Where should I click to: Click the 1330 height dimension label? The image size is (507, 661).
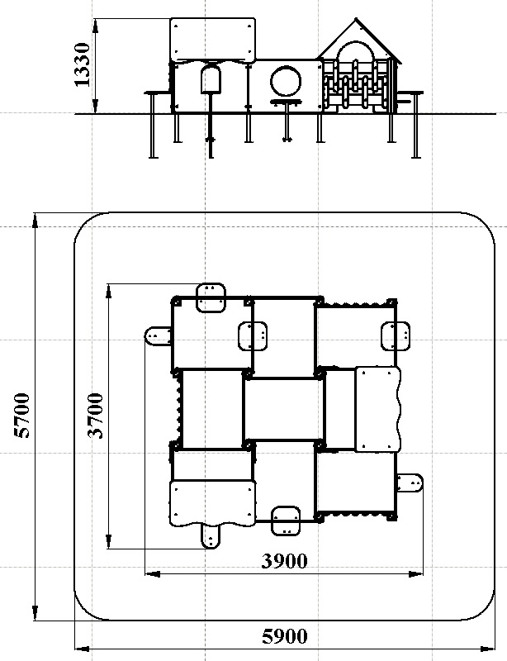pyautogui.click(x=83, y=66)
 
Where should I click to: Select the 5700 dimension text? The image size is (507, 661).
pyautogui.click(x=22, y=416)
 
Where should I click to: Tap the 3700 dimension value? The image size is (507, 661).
pyautogui.click(x=97, y=416)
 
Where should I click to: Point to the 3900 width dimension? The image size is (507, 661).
pyautogui.click(x=284, y=561)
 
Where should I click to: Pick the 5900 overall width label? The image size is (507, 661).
pyautogui.click(x=284, y=636)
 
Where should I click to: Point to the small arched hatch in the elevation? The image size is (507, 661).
pyautogui.click(x=211, y=79)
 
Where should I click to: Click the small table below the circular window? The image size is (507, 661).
pyautogui.click(x=285, y=104)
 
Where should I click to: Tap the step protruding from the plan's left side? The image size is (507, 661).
pyautogui.click(x=157, y=336)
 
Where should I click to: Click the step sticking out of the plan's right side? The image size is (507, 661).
pyautogui.click(x=410, y=483)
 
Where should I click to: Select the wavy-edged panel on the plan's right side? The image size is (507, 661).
pyautogui.click(x=377, y=409)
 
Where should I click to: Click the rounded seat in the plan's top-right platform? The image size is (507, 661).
pyautogui.click(x=395, y=336)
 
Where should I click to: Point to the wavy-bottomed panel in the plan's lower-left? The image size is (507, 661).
pyautogui.click(x=211, y=503)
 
